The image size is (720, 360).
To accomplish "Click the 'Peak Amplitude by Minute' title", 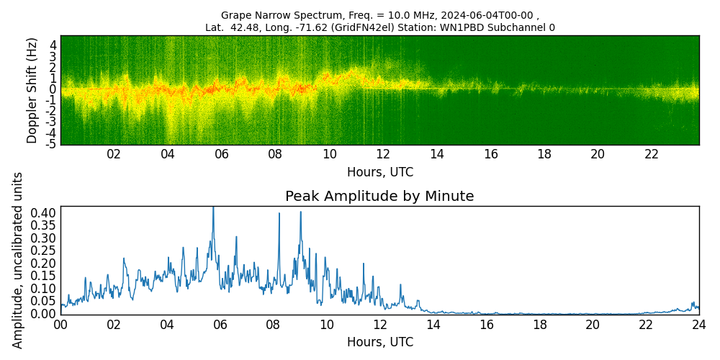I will coord(379,197).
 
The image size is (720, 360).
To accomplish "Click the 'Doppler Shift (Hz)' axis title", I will coord(32,90).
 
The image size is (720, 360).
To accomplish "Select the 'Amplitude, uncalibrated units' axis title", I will coord(18,260).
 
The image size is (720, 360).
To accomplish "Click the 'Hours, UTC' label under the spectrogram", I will coord(379,173).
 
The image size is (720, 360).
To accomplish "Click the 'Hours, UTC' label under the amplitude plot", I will coord(379,342).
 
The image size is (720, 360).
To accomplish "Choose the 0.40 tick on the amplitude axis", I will coord(43,213).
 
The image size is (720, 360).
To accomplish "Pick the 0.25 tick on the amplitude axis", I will coord(43,251).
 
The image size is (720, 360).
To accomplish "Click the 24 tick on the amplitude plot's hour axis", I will coord(698,325).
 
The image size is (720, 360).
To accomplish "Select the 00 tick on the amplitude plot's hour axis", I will coord(60,325).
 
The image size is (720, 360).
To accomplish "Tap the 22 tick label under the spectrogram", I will coord(652,155).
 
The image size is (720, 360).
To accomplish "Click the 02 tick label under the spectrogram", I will coord(114,155).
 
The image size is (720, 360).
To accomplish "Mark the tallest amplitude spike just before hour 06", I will coord(213,208).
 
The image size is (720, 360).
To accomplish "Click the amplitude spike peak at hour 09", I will coord(300,212).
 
